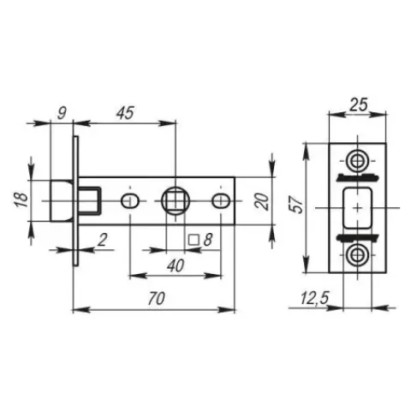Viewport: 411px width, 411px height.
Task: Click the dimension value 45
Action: click(x=125, y=113)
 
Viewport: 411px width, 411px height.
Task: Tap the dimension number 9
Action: click(x=62, y=113)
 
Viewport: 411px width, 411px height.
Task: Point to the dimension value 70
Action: click(x=156, y=299)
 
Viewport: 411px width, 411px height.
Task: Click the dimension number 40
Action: click(x=176, y=266)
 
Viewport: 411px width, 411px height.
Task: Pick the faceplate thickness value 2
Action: click(x=102, y=240)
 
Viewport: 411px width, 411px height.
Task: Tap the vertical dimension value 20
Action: click(x=261, y=201)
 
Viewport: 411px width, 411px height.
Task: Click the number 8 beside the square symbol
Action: click(x=208, y=240)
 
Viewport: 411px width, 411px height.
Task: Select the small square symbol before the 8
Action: click(x=194, y=240)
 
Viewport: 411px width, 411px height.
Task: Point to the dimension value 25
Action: click(x=359, y=104)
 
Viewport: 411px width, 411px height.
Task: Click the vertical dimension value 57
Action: click(x=297, y=205)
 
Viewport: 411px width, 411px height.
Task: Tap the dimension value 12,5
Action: click(x=314, y=299)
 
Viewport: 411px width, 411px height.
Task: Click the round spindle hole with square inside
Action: click(x=176, y=201)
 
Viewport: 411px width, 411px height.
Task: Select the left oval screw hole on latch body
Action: click(x=130, y=201)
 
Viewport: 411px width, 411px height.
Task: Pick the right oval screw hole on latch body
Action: click(x=221, y=201)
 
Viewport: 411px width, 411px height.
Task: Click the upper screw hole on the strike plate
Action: click(x=356, y=162)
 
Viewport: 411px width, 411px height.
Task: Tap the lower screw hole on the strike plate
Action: click(x=356, y=254)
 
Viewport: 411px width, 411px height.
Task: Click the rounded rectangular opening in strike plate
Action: click(x=357, y=208)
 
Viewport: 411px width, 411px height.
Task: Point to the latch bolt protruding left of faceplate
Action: click(x=62, y=201)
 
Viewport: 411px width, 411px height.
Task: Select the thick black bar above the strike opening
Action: click(x=357, y=177)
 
